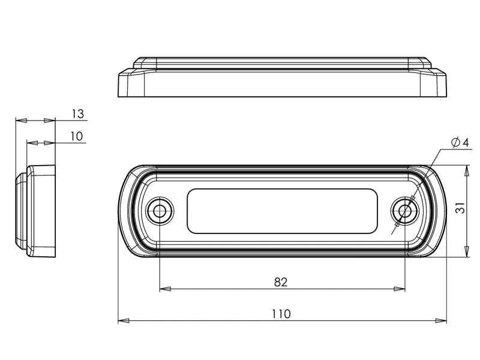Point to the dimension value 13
tap(77, 113)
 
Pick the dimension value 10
tap(76, 136)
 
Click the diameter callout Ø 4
tap(458, 142)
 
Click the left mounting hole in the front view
tap(160, 211)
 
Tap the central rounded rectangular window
tap(283, 211)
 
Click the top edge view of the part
tap(283, 78)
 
